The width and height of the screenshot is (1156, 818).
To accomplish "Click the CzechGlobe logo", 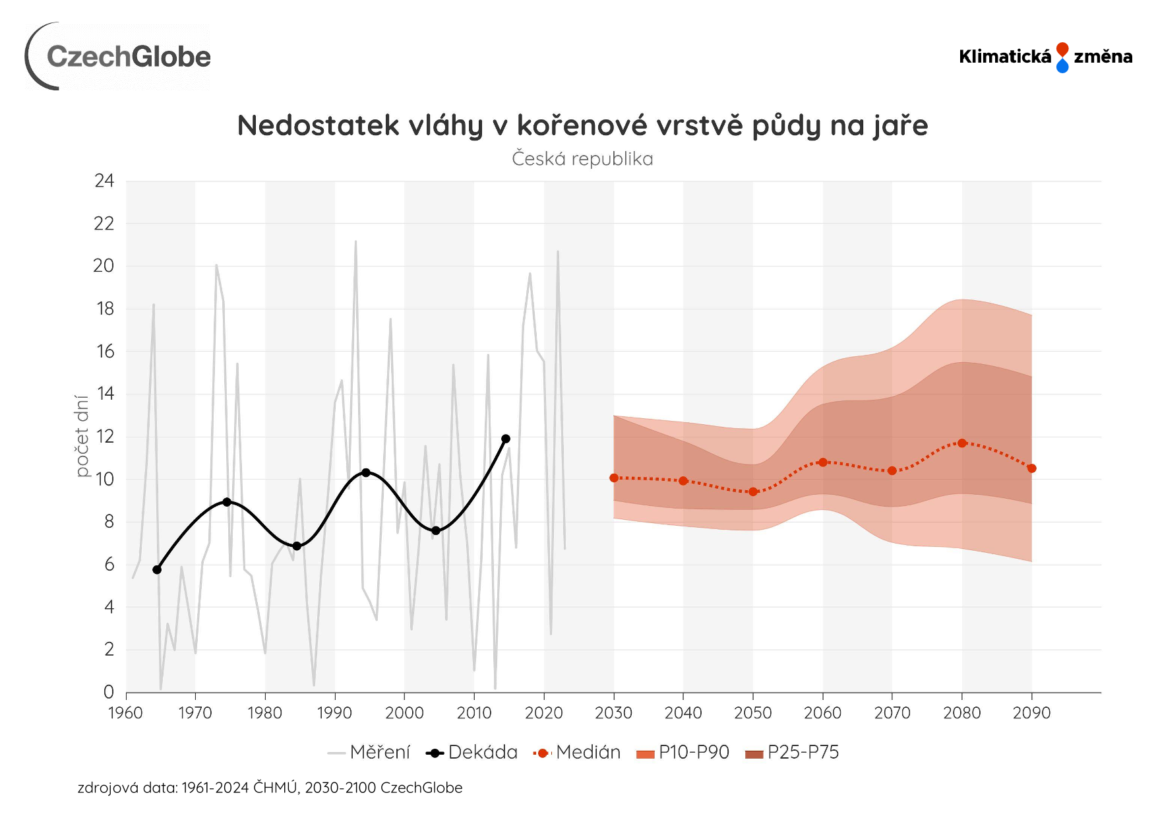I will pos(119,57).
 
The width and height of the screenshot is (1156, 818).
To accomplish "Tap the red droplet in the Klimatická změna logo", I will pos(1062,49).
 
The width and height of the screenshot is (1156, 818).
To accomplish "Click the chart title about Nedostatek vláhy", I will pos(582,125).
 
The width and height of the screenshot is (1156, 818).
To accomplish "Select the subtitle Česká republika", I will pos(582,159).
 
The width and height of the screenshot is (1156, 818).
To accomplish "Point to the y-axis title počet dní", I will pos(82,435).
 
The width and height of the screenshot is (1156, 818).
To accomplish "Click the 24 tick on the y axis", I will pos(104,181).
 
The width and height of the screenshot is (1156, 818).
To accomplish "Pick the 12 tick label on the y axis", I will pos(105,437).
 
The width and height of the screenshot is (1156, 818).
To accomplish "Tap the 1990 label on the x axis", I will pos(334,713).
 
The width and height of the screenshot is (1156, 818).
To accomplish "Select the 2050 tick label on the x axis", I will pos(752,713).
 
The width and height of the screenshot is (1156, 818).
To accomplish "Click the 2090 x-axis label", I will pos(1031,713).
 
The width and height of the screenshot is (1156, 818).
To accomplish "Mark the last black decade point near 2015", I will pos(506,439).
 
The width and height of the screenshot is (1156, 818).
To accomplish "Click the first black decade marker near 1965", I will pos(157,569).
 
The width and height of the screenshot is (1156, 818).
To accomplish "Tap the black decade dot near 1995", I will pos(366,473).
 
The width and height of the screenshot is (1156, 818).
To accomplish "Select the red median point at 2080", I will pos(962,443).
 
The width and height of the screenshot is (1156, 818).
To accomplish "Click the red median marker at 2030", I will pos(614,478).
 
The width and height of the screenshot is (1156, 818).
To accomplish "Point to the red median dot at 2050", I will pos(753,491).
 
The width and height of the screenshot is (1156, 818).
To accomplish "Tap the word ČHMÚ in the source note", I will pos(275,788).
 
